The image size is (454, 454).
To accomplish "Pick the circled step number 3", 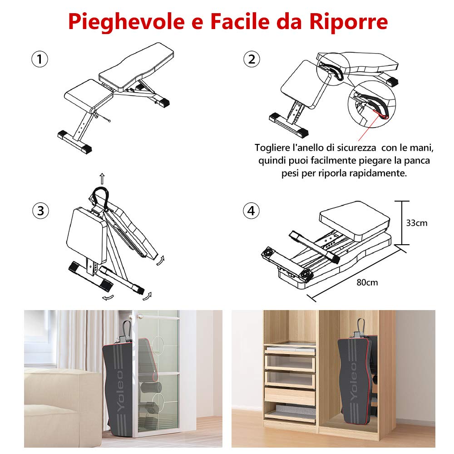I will click(40, 210).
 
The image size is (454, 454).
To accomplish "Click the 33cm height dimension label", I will click(416, 223).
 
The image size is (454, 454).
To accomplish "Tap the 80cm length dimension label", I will click(367, 282).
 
